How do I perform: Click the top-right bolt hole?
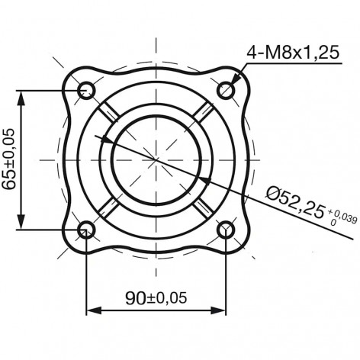(x=226, y=90)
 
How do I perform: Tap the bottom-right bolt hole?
(x=226, y=229)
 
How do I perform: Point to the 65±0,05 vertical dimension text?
(x=11, y=159)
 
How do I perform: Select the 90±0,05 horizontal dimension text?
(x=156, y=297)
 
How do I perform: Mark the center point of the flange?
(x=156, y=159)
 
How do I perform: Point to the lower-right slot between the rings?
(x=203, y=207)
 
